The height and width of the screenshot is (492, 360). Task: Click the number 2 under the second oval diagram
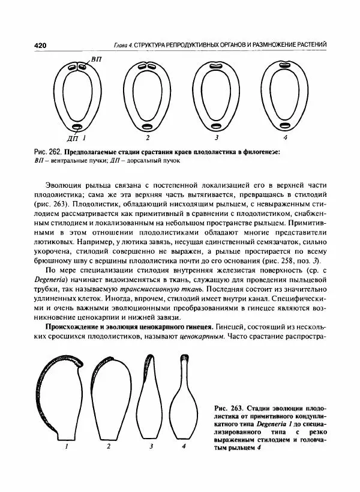click(x=148, y=137)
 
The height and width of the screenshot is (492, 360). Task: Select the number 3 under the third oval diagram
click(x=216, y=137)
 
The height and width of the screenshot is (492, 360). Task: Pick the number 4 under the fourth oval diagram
click(x=284, y=137)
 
